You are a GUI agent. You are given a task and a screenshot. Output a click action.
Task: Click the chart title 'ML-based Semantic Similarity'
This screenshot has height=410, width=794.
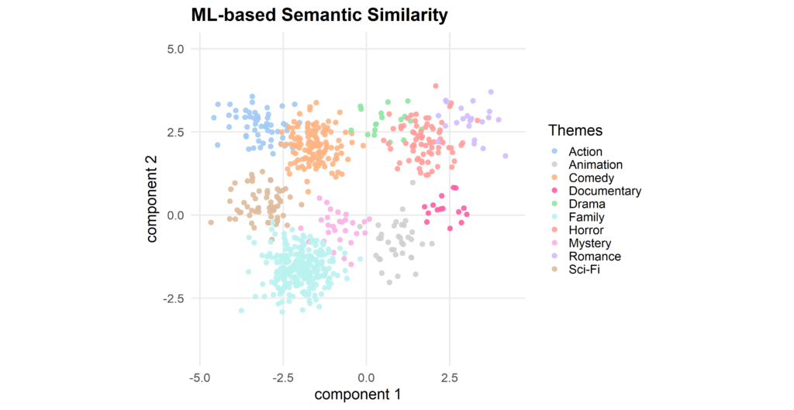[x=319, y=15]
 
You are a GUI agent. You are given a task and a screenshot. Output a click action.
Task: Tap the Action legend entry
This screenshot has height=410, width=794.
[x=585, y=152]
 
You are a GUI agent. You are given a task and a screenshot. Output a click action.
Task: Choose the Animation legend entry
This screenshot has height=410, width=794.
[x=594, y=165]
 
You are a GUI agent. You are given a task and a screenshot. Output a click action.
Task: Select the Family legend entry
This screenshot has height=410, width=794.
[x=586, y=218]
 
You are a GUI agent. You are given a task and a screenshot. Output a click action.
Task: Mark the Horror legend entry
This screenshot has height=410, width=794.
[x=586, y=230]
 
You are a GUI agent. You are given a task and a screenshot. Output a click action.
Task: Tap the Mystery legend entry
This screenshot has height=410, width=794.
[x=589, y=243]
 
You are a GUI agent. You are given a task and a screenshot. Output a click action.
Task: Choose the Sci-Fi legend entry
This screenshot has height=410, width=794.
[x=584, y=270]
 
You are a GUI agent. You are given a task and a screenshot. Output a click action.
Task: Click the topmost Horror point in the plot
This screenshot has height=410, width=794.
[x=436, y=86]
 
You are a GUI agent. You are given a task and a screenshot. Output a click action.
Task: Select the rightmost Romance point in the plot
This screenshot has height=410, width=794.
[x=506, y=156]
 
